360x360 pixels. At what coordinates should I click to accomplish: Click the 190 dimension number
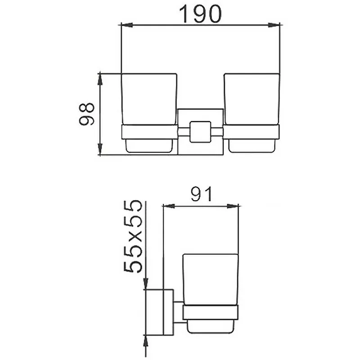[200, 14]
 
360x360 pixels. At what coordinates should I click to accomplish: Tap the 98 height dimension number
[86, 114]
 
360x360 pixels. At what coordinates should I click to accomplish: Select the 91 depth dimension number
[201, 194]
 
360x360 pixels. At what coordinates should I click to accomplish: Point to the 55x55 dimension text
[133, 236]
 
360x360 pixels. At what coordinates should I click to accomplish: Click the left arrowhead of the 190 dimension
[127, 25]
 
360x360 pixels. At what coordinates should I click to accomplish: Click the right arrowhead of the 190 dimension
[274, 25]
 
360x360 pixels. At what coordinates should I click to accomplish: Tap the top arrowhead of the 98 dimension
[100, 80]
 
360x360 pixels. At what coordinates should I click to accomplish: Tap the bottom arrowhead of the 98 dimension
[100, 149]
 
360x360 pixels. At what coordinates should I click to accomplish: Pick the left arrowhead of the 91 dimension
[169, 206]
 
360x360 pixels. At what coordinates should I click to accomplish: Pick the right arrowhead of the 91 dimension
[233, 206]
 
